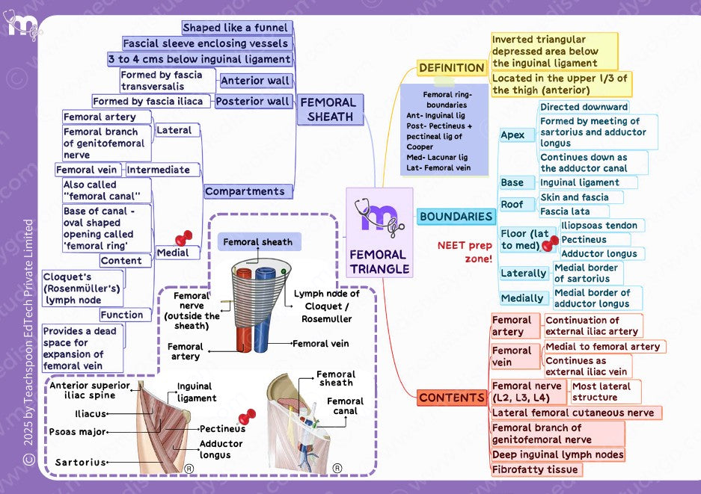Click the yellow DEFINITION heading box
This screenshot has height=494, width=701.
[x=452, y=68]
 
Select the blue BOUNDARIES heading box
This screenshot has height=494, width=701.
[x=456, y=217]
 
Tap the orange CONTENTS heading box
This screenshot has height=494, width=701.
[x=452, y=398]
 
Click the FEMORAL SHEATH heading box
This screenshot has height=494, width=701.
[x=330, y=109]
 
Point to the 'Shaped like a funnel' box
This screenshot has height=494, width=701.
[x=237, y=28]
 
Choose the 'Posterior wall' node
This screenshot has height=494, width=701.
[x=253, y=102]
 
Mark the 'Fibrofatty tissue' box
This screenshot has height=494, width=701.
[x=536, y=469]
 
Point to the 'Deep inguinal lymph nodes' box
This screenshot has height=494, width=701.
[x=557, y=454]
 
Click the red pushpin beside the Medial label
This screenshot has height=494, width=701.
[x=184, y=238]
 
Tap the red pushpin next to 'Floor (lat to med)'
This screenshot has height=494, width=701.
[x=550, y=244]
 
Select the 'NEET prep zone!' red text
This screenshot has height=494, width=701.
[x=465, y=251]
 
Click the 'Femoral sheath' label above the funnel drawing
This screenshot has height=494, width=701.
[x=259, y=241]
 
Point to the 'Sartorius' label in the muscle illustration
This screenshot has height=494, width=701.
[x=81, y=463]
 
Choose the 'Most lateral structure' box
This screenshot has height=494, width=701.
[x=605, y=392]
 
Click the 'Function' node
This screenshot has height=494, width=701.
[x=121, y=315]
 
